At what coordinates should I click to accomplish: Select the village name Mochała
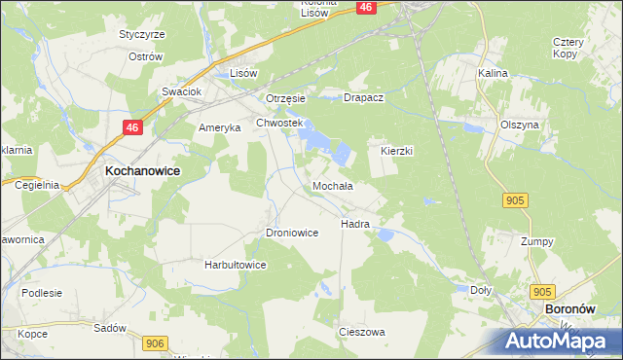coord(332,186)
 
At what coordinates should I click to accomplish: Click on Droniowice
coord(292,234)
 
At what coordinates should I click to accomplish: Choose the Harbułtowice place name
coord(235,265)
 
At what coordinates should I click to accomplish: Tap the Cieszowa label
coord(361,332)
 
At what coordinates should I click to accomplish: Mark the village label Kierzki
coord(397,152)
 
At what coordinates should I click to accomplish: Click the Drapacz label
coord(366,98)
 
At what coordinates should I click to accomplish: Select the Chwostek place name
coord(280,124)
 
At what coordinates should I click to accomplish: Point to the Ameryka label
coord(218,128)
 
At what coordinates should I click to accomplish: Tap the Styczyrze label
coord(141,34)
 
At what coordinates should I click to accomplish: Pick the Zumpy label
coord(536,241)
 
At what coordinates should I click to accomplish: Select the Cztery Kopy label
coord(568,48)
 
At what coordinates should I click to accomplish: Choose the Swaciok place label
coord(181,91)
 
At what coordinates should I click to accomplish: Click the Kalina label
coord(494,73)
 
